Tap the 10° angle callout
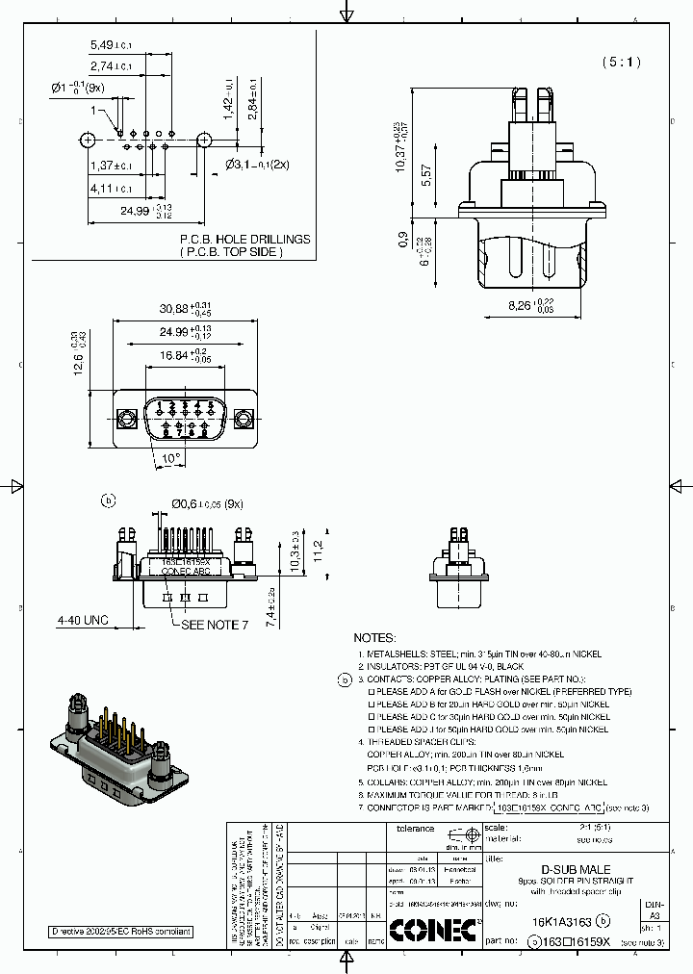click(171, 459)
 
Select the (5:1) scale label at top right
click(621, 62)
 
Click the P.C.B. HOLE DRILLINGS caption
click(244, 239)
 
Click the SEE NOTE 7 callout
click(216, 625)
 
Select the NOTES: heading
click(374, 637)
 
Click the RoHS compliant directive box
click(122, 932)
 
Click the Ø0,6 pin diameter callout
click(206, 504)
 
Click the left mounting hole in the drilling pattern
click(88, 140)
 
